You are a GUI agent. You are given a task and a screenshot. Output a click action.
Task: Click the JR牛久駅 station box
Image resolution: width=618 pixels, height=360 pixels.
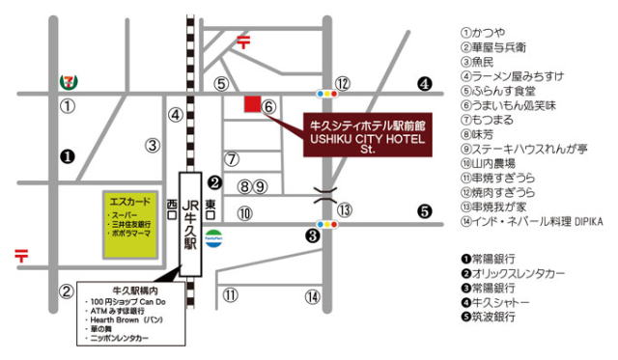190,224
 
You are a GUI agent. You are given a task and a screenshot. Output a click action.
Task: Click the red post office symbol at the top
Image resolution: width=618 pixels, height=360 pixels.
244,42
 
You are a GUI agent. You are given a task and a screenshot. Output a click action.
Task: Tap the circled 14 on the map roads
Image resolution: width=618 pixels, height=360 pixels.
312,296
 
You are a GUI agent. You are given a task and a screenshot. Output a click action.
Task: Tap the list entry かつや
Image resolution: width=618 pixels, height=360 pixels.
492,32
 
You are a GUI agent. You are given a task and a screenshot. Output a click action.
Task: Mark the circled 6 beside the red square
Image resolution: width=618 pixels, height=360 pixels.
269,107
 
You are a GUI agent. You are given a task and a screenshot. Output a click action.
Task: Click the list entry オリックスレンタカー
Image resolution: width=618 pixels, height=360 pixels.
516,273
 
